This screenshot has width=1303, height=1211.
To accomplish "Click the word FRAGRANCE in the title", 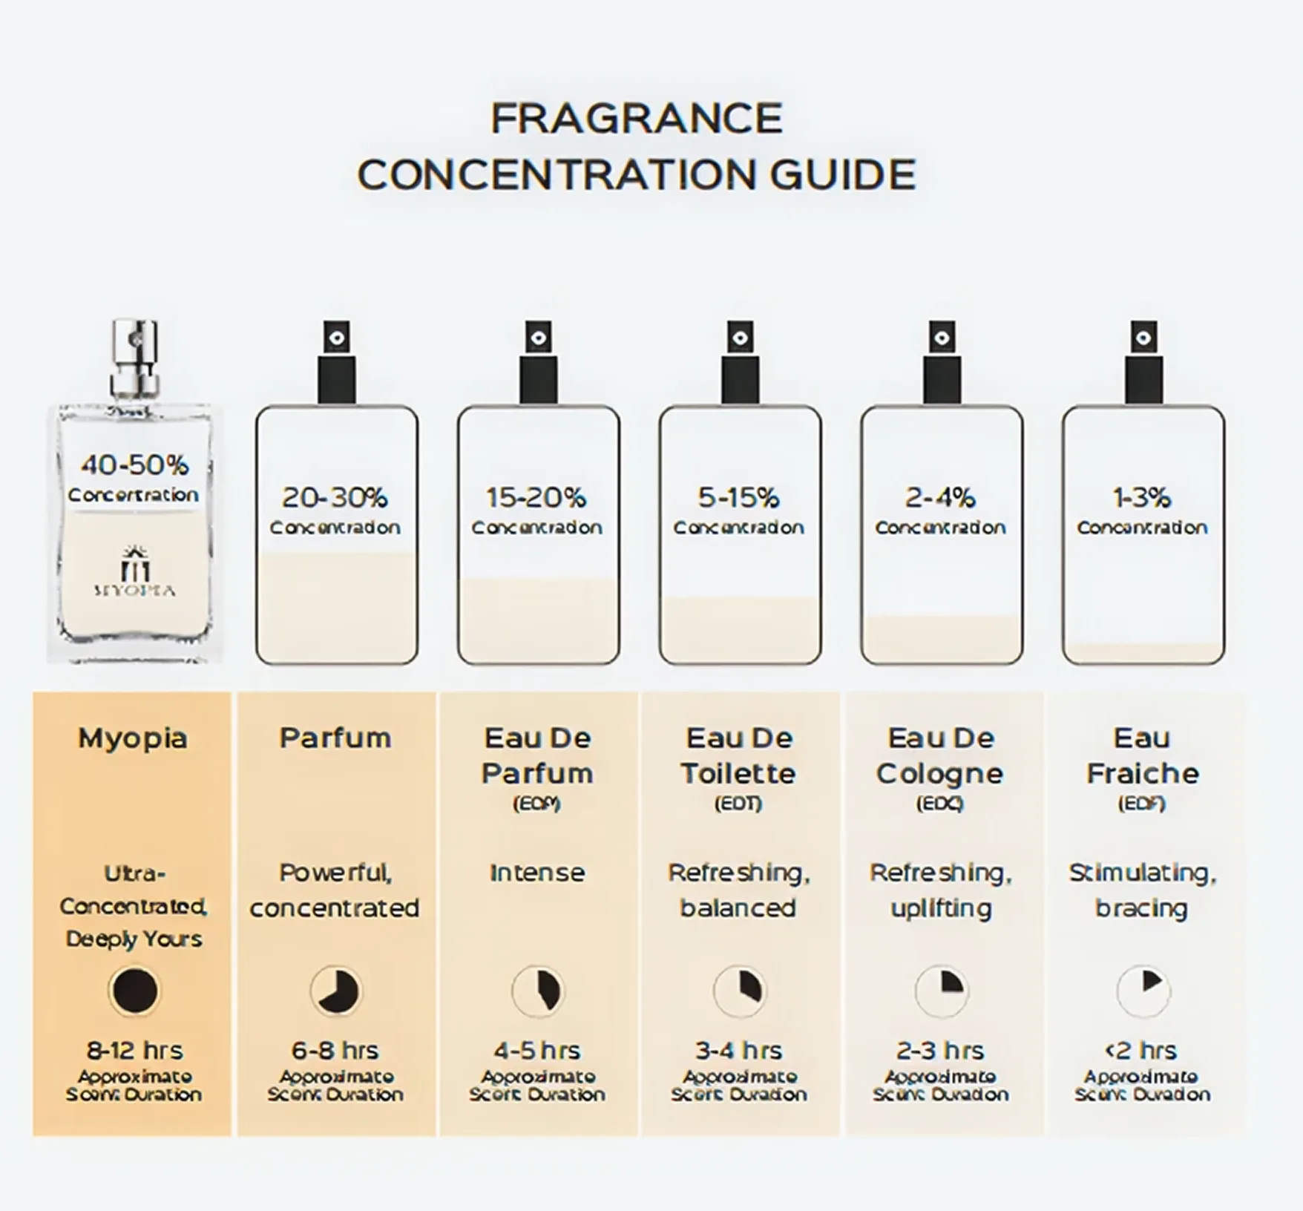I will pyautogui.click(x=637, y=119).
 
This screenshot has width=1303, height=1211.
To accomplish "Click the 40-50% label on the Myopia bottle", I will pyautogui.click(x=134, y=465).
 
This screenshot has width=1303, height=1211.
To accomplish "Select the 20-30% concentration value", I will pyautogui.click(x=335, y=497).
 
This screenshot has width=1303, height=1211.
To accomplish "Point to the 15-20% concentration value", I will pyautogui.click(x=536, y=497).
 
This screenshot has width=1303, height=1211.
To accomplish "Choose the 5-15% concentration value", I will pyautogui.click(x=738, y=497).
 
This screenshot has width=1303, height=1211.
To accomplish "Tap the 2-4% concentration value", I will pyautogui.click(x=940, y=497).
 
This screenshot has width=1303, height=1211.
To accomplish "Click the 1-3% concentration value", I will pyautogui.click(x=1142, y=497).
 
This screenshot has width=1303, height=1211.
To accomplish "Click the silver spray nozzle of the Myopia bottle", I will pyautogui.click(x=134, y=356).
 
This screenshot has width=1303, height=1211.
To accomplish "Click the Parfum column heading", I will pyautogui.click(x=335, y=738).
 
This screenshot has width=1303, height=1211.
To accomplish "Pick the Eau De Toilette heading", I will pyautogui.click(x=738, y=755).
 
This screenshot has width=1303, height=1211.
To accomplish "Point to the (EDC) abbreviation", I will pyautogui.click(x=940, y=804).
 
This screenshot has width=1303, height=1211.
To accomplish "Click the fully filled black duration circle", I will pyautogui.click(x=134, y=991).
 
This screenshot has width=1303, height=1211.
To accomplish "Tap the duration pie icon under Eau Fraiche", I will pyautogui.click(x=1143, y=991).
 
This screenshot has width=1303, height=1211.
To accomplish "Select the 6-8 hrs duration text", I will pyautogui.click(x=335, y=1051).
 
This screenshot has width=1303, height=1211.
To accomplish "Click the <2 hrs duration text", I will pyautogui.click(x=1141, y=1051).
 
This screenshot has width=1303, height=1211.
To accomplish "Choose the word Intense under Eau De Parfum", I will pyautogui.click(x=536, y=873).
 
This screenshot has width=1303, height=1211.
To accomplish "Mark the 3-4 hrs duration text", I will pyautogui.click(x=738, y=1051).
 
